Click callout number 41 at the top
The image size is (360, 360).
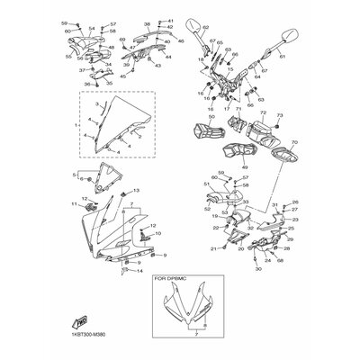170,19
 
